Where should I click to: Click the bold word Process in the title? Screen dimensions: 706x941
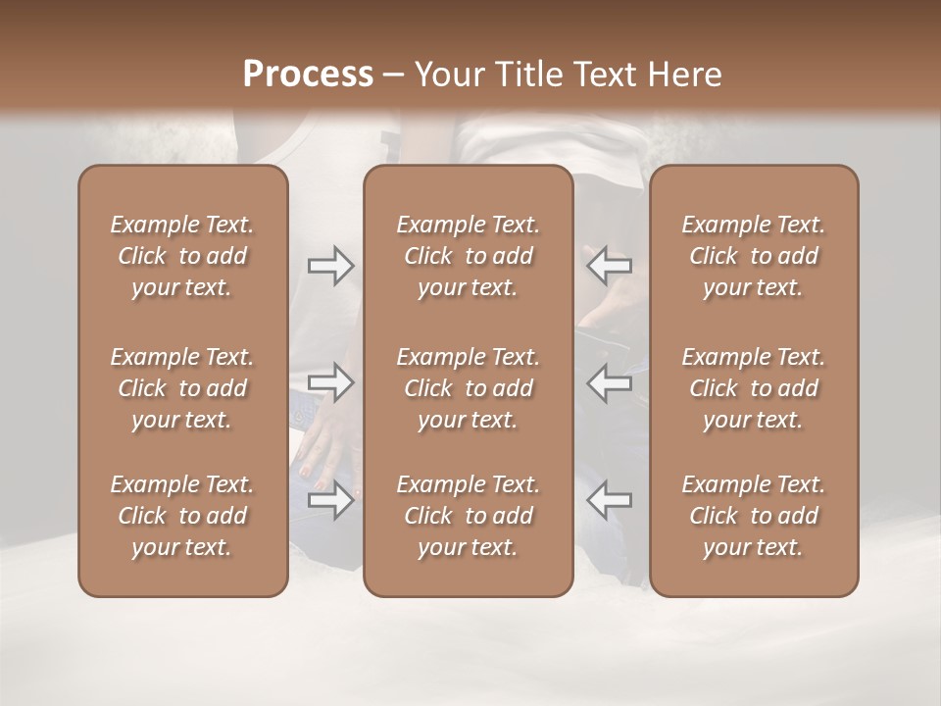(308, 75)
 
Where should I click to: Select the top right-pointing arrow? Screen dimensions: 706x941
(331, 266)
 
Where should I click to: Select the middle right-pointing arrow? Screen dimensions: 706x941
(331, 382)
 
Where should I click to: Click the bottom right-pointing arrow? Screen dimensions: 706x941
(331, 500)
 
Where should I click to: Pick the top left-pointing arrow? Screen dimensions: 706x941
(609, 265)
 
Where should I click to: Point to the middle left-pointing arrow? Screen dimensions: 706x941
(609, 382)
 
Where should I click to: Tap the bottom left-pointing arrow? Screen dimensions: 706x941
(609, 499)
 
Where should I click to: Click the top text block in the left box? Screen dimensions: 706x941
(182, 256)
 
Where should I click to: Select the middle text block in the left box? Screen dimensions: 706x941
(182, 388)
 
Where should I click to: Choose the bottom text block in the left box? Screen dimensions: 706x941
(182, 516)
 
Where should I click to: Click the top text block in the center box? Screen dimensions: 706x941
(469, 256)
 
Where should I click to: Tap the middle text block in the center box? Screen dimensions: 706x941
(469, 388)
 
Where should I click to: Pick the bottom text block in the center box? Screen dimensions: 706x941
(469, 516)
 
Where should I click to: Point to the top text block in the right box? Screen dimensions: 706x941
(754, 256)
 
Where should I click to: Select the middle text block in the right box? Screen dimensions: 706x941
(754, 388)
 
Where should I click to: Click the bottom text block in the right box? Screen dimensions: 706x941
(754, 516)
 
